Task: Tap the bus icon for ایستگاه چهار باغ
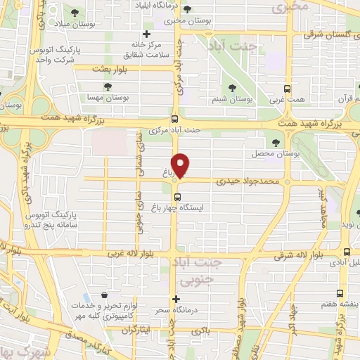click(176, 196)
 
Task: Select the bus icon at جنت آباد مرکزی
click(175, 119)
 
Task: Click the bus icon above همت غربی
click(286, 89)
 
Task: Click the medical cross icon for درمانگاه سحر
click(176, 299)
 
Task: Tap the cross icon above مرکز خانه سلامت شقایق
click(146, 34)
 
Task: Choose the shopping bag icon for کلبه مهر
click(104, 295)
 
